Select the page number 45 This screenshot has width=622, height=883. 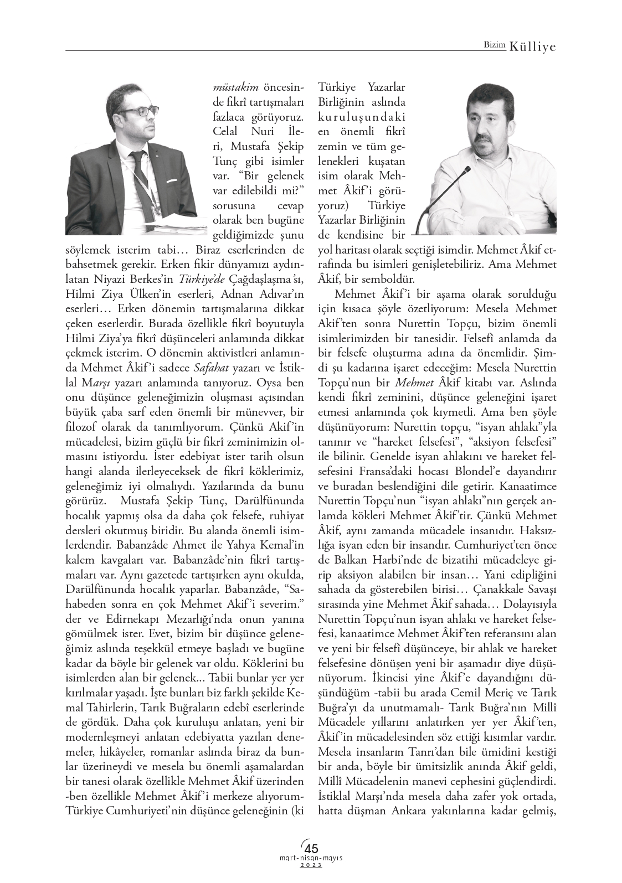tap(312, 848)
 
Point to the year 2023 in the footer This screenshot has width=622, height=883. tap(311, 865)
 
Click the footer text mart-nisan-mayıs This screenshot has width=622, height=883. tap(311, 858)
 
